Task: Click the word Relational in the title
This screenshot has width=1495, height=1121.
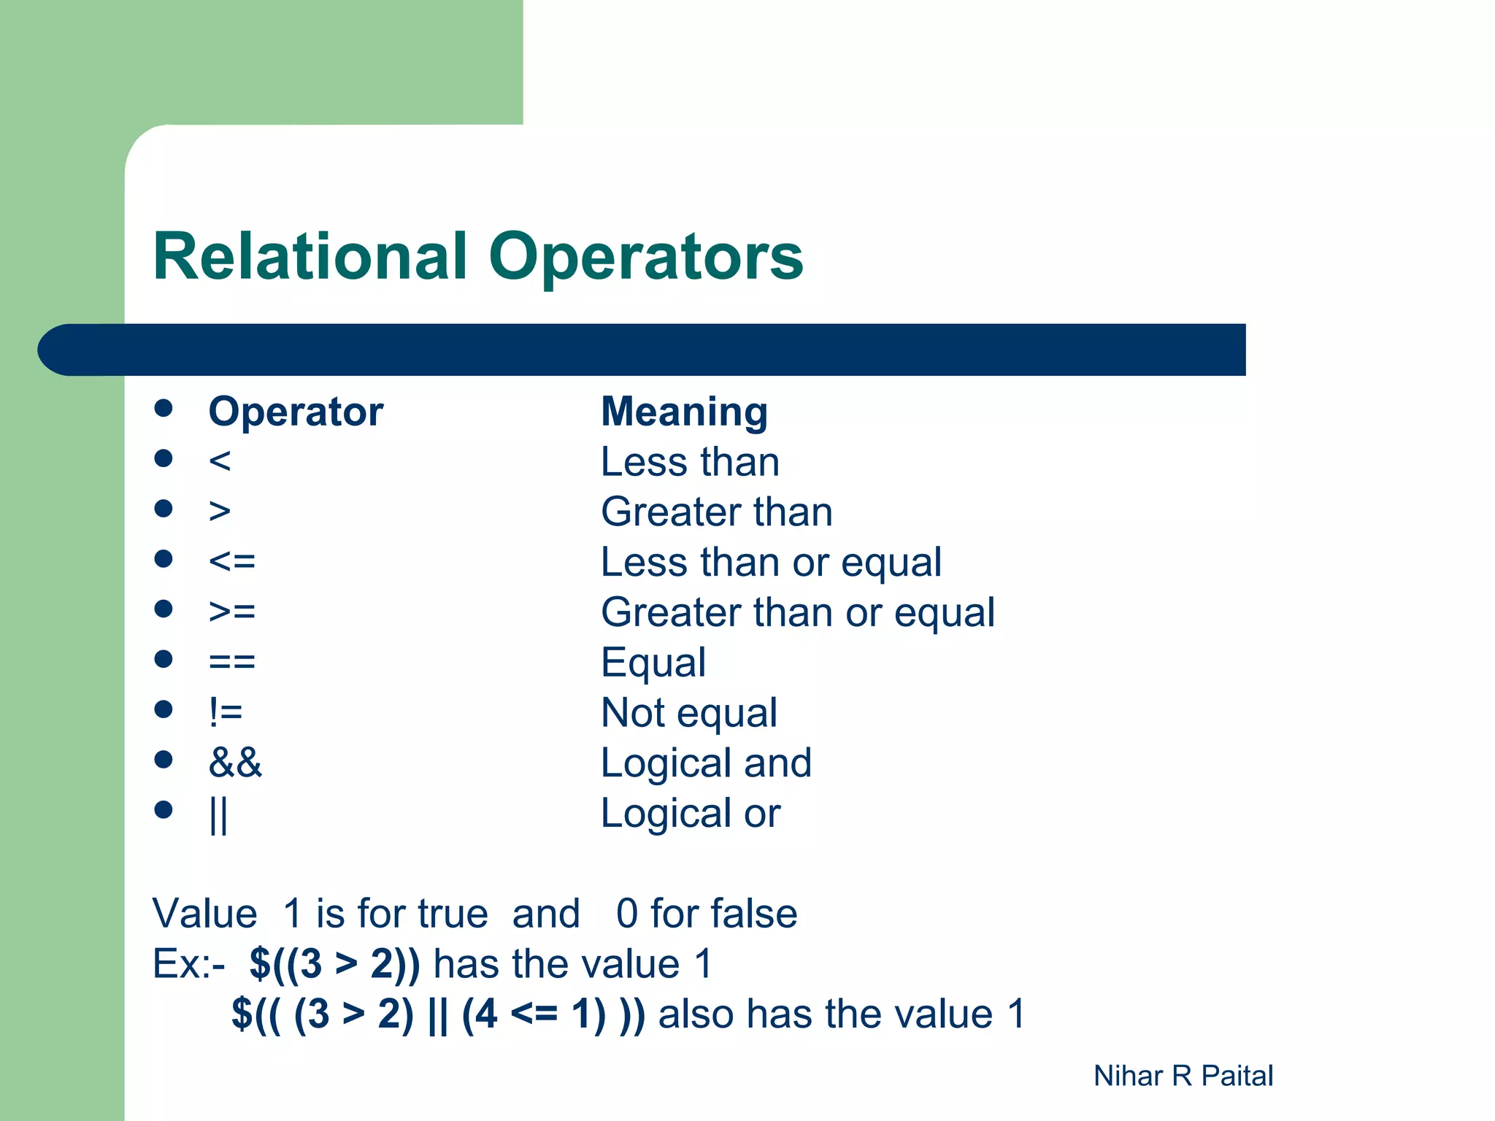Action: pyautogui.click(x=310, y=256)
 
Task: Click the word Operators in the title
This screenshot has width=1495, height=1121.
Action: pyautogui.click(x=646, y=256)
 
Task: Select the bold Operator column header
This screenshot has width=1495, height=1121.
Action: pyautogui.click(x=296, y=412)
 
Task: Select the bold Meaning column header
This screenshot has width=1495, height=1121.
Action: pyautogui.click(x=684, y=412)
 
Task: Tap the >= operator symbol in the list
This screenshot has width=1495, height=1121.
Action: pyautogui.click(x=232, y=611)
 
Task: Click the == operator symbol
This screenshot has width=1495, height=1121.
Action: pyautogui.click(x=232, y=662)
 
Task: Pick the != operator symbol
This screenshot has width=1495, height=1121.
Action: pyautogui.click(x=226, y=712)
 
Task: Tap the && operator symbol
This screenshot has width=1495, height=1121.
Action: pyautogui.click(x=235, y=763)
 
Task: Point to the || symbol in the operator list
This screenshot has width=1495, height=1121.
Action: pyautogui.click(x=218, y=814)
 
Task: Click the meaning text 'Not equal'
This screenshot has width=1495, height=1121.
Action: pyautogui.click(x=688, y=712)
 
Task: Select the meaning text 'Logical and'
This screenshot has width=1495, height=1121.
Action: pyautogui.click(x=706, y=763)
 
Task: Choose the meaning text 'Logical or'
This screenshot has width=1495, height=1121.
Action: pyautogui.click(x=690, y=813)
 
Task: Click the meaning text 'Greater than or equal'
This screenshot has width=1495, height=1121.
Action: pyautogui.click(x=797, y=612)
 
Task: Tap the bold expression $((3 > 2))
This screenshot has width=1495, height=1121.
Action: pyautogui.click(x=334, y=963)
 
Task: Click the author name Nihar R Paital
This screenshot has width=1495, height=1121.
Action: pyautogui.click(x=1183, y=1076)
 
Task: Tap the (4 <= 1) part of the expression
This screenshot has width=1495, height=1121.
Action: pyautogui.click(x=534, y=1014)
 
